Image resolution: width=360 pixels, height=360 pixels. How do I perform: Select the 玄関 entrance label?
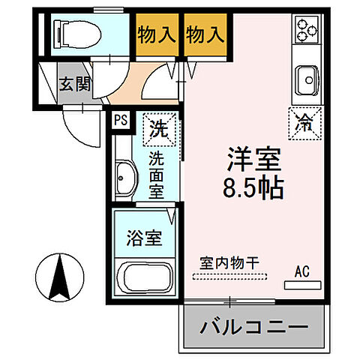(x=75, y=83)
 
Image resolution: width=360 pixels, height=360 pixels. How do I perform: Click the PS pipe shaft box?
(x=121, y=119)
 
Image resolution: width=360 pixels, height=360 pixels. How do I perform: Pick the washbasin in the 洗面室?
(x=124, y=178)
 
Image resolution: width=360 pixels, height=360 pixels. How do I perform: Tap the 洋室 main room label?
(x=254, y=159)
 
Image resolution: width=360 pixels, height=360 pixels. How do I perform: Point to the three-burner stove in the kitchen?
(x=307, y=31)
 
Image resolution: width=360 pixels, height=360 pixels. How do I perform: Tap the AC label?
(x=302, y=271)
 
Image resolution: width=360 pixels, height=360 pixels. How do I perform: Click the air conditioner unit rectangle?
(x=302, y=286)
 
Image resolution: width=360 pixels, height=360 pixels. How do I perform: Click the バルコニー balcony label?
(x=254, y=327)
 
